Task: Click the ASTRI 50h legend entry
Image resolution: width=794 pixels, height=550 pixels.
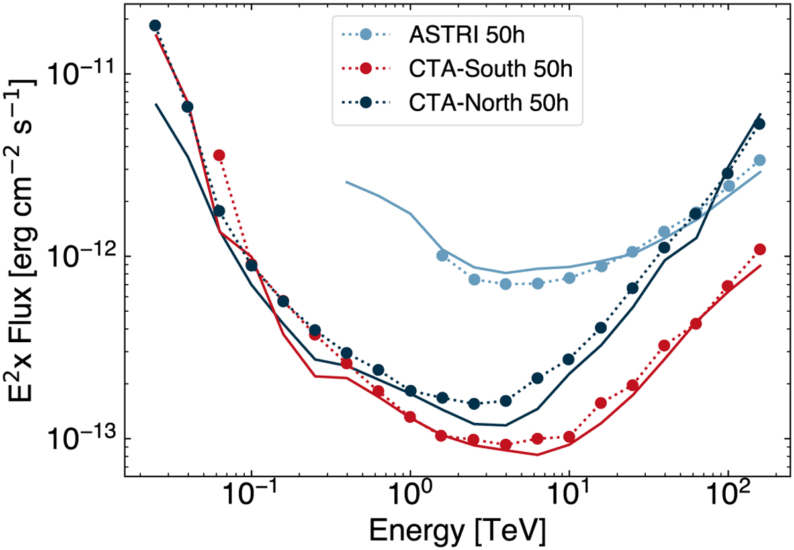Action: coord(466,35)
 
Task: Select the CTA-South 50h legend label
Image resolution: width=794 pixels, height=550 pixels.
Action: coord(489,69)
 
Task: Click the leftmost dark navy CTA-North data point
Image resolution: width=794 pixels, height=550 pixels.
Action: coord(155,26)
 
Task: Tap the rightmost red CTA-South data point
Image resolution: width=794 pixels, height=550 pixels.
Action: coord(760,250)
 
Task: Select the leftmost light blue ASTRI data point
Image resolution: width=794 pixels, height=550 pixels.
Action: coord(443,255)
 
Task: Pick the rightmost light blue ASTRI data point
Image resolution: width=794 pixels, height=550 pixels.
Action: coord(760,160)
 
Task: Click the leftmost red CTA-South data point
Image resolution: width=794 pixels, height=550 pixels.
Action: coord(219,155)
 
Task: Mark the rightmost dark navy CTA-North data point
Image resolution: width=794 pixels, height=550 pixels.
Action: coord(760,124)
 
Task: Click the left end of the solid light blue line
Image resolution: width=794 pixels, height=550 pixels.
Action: coord(345,181)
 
